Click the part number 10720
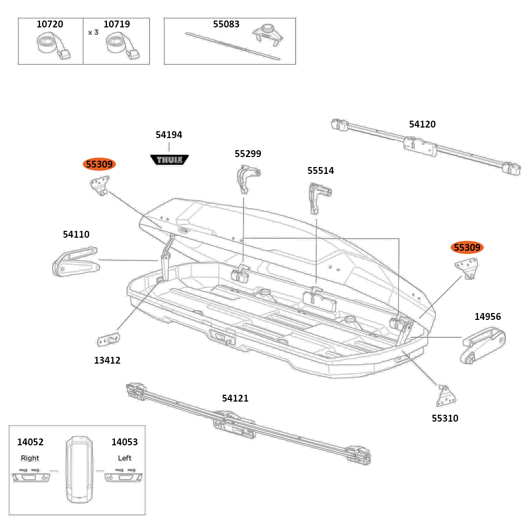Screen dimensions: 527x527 [x=50, y=24]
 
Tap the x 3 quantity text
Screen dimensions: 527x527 [x=93, y=32]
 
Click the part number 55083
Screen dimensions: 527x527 [x=226, y=24]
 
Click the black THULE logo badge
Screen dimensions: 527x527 [x=169, y=159]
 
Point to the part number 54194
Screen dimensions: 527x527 [x=169, y=135]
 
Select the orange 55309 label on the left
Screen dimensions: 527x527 [x=99, y=164]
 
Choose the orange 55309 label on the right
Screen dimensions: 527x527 [x=467, y=247]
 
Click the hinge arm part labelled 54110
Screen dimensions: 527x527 [x=75, y=262]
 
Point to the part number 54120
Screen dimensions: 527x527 [x=422, y=124]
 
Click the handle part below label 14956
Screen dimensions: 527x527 [x=483, y=345]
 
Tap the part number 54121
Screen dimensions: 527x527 [x=235, y=398]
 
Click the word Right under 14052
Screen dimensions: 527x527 [x=30, y=458]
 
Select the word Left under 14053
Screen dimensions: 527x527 [x=125, y=458]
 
